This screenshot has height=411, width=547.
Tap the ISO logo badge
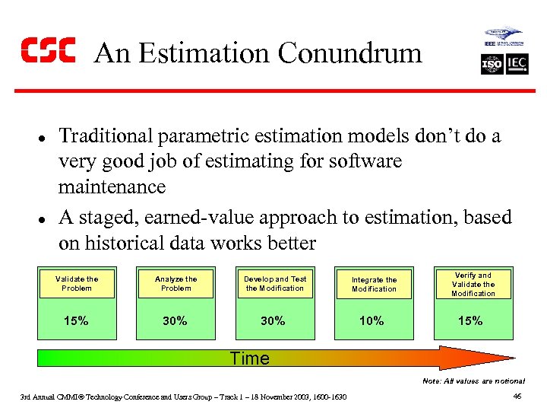click(x=492, y=64)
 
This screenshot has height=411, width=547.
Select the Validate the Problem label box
click(x=77, y=283)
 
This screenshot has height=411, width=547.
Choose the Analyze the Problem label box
click(x=175, y=283)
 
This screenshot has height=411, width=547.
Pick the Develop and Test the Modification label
click(x=274, y=283)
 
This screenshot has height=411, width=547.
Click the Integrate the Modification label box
click(x=374, y=284)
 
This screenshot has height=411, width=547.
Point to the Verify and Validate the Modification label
click(x=473, y=284)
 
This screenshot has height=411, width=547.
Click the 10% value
click(x=372, y=321)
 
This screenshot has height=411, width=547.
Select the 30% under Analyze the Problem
click(x=175, y=321)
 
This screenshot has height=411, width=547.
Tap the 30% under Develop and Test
click(x=273, y=321)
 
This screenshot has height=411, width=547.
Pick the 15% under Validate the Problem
click(x=76, y=321)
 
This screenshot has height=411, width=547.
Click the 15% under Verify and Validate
click(x=470, y=321)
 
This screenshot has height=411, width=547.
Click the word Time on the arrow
click(x=250, y=358)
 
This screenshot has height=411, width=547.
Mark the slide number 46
click(x=517, y=396)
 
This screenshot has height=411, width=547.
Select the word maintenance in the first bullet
click(x=112, y=186)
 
